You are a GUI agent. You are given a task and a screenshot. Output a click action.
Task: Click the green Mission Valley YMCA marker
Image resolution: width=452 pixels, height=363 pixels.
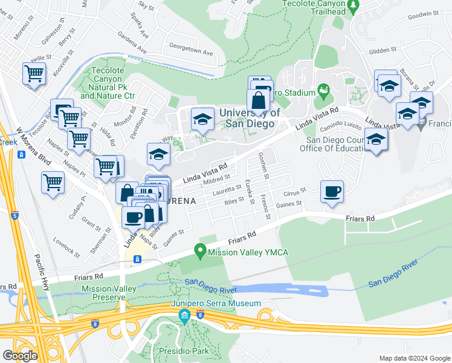click(x=199, y=250)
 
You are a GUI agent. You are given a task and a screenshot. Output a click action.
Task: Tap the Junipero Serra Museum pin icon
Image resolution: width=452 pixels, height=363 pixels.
click(x=184, y=315)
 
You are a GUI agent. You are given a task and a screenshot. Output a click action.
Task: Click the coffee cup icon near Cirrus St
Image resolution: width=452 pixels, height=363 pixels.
click(x=332, y=192)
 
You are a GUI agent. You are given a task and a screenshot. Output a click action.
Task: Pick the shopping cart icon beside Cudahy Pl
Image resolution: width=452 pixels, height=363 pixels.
click(x=53, y=181)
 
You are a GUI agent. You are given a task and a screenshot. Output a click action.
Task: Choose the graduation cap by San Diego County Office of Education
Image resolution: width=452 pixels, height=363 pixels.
click(x=376, y=140)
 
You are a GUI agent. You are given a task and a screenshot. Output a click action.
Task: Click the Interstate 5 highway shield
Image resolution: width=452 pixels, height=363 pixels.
click(x=15, y=215)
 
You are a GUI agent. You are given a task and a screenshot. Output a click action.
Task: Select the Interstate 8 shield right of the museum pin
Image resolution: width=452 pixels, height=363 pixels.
click(x=200, y=315)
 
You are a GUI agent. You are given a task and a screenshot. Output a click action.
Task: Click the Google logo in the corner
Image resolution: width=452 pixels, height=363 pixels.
click(x=20, y=356)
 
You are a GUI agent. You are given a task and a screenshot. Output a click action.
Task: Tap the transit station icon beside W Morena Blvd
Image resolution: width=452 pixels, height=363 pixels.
click(x=21, y=155)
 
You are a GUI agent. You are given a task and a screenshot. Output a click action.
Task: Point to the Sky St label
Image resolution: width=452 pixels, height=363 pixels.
click(x=146, y=5)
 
